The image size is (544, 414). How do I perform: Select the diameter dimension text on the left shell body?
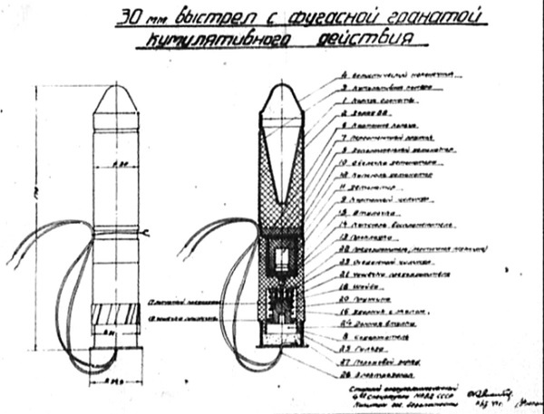click(x=109, y=164)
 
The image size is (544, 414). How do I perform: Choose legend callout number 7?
click(x=346, y=137)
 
